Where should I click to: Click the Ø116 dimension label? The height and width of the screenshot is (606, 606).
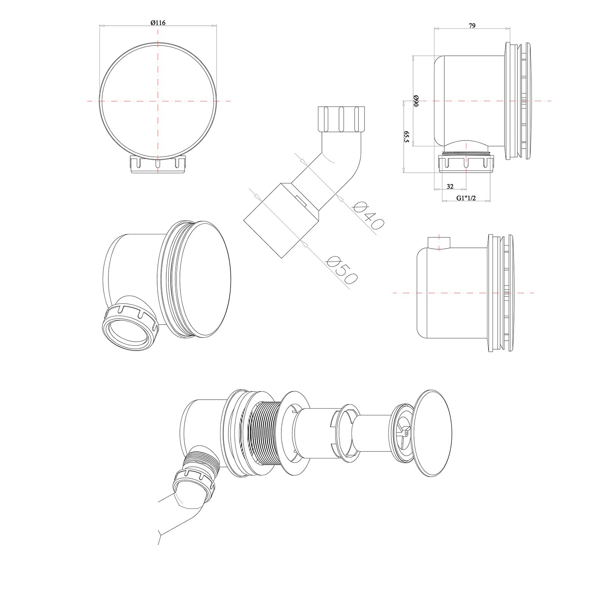coord(158,23)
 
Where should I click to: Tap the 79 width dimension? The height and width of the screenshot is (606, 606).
coord(472,26)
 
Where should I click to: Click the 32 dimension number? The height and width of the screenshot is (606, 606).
coord(450,186)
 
